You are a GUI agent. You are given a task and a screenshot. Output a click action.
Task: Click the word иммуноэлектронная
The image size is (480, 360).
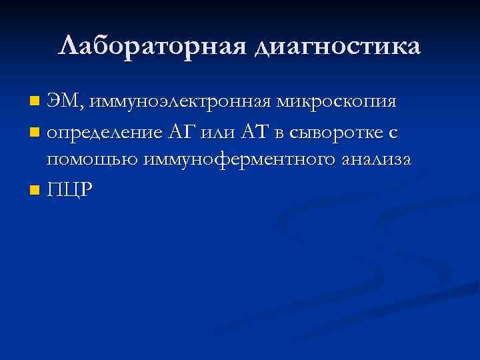(179, 103)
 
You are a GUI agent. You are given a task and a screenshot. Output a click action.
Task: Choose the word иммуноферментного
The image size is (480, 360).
(227, 161)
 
